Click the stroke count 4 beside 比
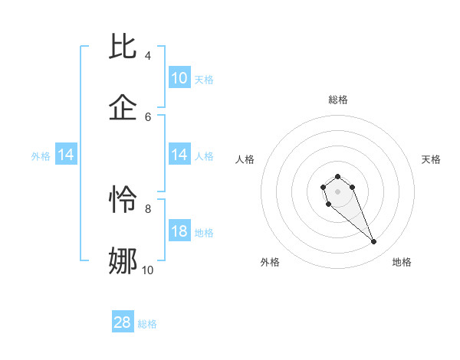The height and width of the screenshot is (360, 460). click(147, 56)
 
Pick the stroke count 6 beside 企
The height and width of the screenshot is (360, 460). click(147, 116)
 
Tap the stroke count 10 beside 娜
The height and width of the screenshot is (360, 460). click(147, 270)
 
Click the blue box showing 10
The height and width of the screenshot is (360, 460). click(179, 78)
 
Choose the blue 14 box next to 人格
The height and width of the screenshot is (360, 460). click(179, 155)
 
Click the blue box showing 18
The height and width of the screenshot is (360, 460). click(179, 231)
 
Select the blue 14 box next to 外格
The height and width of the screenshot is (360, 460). click(66, 155)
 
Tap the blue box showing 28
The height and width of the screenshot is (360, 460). click(123, 322)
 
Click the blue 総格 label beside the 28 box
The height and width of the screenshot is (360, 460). click(147, 324)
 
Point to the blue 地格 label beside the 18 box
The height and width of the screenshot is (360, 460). click(204, 233)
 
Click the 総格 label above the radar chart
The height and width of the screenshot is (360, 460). click(338, 100)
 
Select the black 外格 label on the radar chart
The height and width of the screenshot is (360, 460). click(270, 262)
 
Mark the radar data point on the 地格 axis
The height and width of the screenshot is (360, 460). click(374, 242)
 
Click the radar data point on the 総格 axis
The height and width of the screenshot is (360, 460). click(338, 177)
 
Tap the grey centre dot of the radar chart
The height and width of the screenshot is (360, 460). click(338, 191)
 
